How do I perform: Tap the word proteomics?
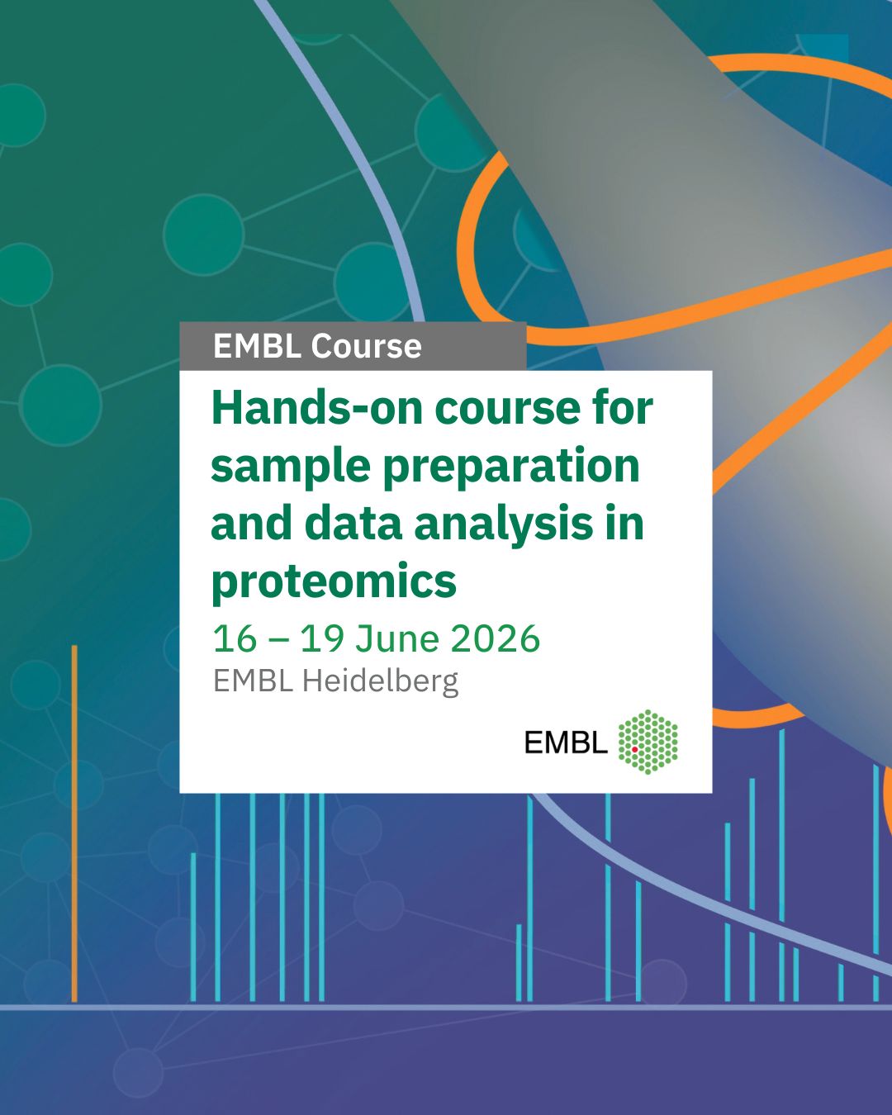click(x=334, y=581)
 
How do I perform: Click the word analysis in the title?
click(x=503, y=524)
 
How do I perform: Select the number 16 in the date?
click(x=235, y=638)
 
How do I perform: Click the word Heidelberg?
click(x=381, y=682)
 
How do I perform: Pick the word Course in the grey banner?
click(x=366, y=346)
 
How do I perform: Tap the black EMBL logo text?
click(x=566, y=743)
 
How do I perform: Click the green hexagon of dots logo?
click(x=648, y=742)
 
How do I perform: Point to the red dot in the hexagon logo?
click(x=634, y=749)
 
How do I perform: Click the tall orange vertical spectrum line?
click(x=74, y=823)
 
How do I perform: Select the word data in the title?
click(x=353, y=524)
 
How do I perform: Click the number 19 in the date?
click(x=322, y=638)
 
